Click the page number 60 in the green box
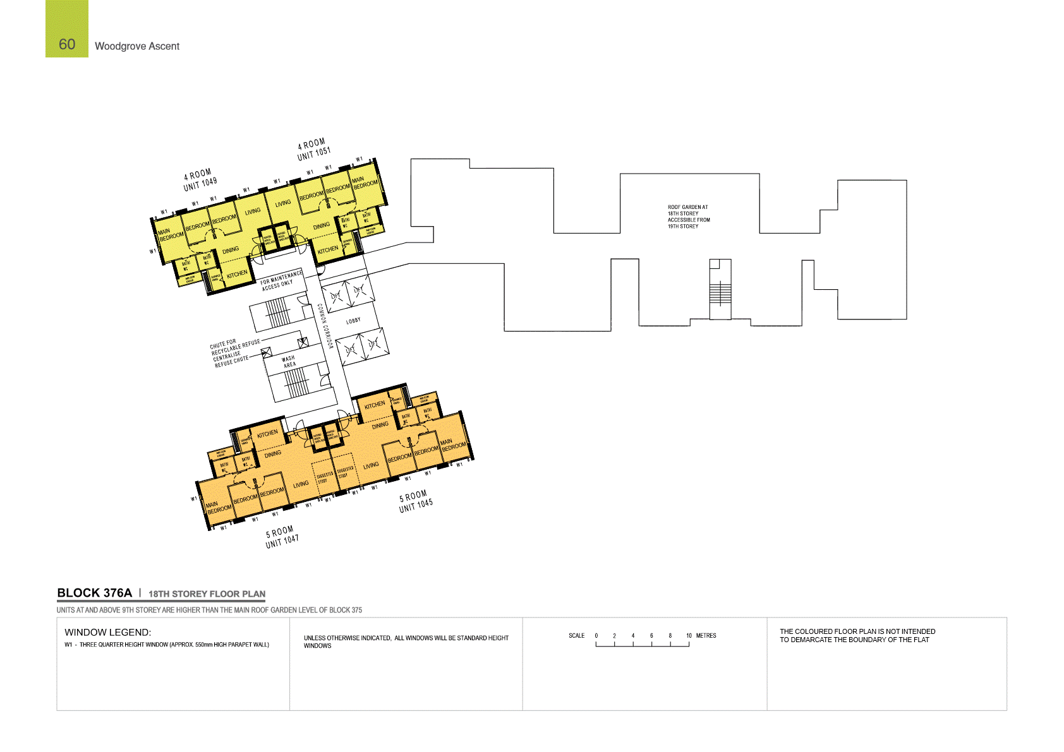(67, 44)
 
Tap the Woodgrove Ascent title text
(137, 46)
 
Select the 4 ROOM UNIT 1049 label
(200, 180)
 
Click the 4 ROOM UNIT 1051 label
(313, 150)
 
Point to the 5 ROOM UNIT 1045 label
(415, 501)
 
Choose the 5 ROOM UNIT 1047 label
(282, 537)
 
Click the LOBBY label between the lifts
(353, 321)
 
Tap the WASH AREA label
(289, 362)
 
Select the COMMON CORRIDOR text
(325, 326)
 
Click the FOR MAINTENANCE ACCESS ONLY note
(281, 280)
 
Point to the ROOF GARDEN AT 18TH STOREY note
(689, 217)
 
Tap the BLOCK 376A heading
(94, 593)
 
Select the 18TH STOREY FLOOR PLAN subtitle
(207, 594)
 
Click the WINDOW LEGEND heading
(107, 632)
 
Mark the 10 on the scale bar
(689, 636)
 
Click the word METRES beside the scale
(706, 636)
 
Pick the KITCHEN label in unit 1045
(375, 405)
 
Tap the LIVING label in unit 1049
(253, 212)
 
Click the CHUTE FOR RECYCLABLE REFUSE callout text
(234, 345)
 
